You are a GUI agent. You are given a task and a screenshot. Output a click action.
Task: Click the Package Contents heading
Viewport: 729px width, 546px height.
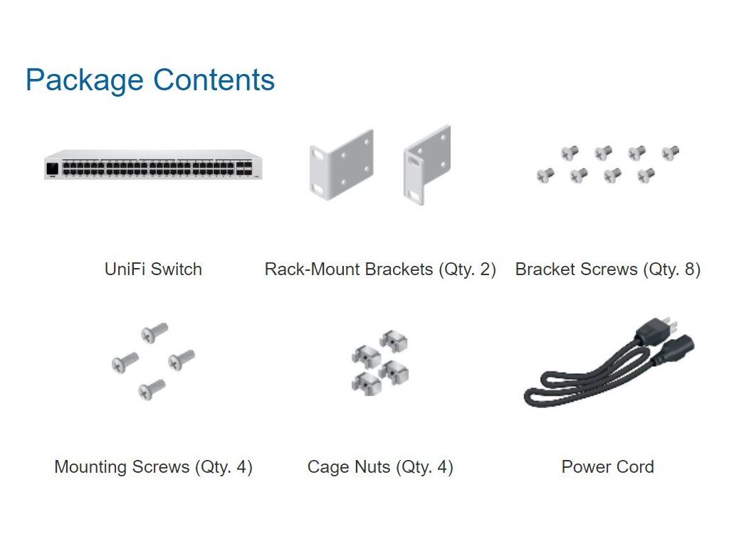(x=150, y=80)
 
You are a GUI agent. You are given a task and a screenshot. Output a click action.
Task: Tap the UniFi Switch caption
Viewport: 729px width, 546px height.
(x=153, y=269)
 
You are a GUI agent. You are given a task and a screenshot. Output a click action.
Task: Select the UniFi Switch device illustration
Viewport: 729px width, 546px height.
(x=153, y=165)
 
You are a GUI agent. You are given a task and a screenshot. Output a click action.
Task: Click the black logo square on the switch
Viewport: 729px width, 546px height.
(x=53, y=168)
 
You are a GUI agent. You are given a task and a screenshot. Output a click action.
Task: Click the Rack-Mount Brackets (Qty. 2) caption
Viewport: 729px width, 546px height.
(x=380, y=269)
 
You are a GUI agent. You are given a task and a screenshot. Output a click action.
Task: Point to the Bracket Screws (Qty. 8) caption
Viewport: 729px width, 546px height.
(x=608, y=269)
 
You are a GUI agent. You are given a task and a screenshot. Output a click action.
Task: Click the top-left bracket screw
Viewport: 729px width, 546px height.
(x=570, y=152)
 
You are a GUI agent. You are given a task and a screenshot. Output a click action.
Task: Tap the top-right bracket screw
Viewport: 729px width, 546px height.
(x=671, y=151)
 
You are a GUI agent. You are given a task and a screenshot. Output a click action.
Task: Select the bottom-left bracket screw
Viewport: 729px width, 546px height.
(x=545, y=174)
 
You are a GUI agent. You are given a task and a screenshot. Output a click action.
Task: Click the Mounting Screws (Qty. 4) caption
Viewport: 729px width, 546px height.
(x=153, y=467)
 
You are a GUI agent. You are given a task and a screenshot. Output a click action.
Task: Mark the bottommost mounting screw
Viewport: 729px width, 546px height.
(x=152, y=388)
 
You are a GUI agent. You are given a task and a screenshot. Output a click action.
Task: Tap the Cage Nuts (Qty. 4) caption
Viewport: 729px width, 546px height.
(x=380, y=467)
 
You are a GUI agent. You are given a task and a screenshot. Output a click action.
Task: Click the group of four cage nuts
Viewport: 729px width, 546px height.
(x=379, y=361)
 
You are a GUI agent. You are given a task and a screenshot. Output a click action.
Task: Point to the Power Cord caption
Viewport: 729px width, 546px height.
(x=607, y=467)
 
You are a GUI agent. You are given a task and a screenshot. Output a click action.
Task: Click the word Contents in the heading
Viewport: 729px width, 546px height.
(x=214, y=80)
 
